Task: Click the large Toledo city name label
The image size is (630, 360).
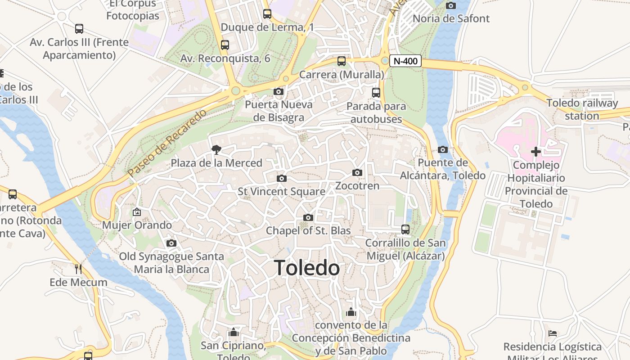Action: (307, 268)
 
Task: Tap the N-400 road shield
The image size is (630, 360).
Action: (405, 61)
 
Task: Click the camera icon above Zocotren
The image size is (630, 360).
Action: (357, 172)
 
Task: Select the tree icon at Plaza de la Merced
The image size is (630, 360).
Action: (216, 149)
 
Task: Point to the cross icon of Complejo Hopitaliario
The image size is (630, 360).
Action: (536, 152)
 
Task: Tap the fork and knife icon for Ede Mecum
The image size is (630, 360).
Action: (79, 269)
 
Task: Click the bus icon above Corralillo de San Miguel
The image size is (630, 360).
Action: (405, 229)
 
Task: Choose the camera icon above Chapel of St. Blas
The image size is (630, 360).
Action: (308, 218)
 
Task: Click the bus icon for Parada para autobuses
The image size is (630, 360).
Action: (376, 93)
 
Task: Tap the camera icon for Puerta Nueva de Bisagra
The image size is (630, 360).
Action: (279, 92)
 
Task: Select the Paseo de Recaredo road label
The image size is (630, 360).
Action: (167, 143)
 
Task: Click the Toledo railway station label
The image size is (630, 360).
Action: (582, 109)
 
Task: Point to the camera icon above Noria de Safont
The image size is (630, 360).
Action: (451, 5)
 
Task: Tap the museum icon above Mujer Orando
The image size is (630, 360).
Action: (137, 211)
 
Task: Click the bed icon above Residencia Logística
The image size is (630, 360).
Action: (553, 333)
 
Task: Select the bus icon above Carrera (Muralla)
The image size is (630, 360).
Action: (342, 61)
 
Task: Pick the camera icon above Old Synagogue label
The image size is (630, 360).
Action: (171, 243)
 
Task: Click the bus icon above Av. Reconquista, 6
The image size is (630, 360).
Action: (225, 45)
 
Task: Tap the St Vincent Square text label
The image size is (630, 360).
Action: (282, 192)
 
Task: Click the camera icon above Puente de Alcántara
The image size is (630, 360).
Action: (443, 149)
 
